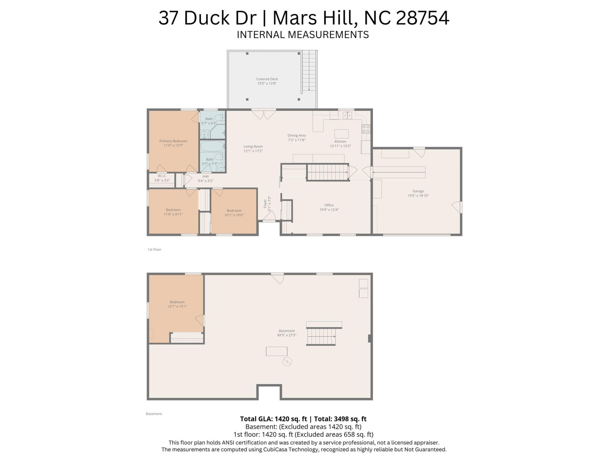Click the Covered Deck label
click(267, 79)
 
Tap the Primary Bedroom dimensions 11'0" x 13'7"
click(173, 146)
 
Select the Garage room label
click(418, 191)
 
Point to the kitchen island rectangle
click(341, 134)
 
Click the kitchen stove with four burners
click(366, 129)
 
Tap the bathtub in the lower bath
click(212, 147)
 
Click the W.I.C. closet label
click(162, 176)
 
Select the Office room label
click(329, 205)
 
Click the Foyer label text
click(265, 204)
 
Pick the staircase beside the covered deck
click(309, 71)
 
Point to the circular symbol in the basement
click(287, 361)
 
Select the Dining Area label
click(296, 136)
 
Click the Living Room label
click(253, 147)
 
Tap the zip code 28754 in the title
click(422, 18)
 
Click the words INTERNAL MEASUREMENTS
click(303, 35)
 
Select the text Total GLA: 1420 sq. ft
click(273, 419)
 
